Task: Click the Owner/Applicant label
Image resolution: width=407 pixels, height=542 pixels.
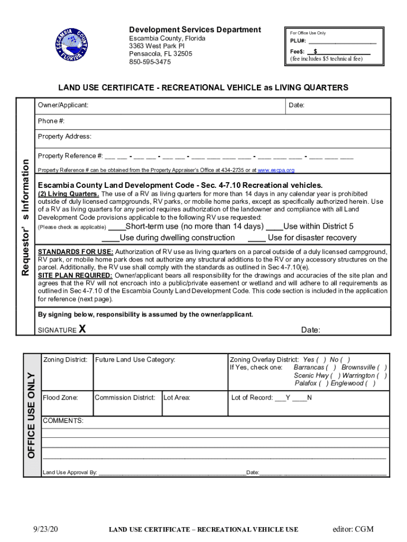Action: click(63, 105)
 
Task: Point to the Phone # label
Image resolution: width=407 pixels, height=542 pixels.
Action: click(51, 121)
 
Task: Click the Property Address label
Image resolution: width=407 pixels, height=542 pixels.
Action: click(64, 137)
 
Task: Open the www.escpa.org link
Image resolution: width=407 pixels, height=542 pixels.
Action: click(276, 170)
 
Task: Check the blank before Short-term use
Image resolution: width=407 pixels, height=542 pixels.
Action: click(116, 227)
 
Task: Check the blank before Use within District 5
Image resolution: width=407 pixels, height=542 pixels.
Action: click(274, 227)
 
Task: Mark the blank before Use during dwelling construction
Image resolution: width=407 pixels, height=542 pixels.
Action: click(110, 238)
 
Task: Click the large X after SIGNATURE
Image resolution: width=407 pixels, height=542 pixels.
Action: click(82, 330)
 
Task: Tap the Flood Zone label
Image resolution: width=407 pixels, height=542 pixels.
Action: click(61, 398)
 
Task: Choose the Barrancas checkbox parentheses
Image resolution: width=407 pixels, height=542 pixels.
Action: click(332, 367)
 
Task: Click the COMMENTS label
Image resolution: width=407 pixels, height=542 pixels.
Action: click(63, 421)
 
